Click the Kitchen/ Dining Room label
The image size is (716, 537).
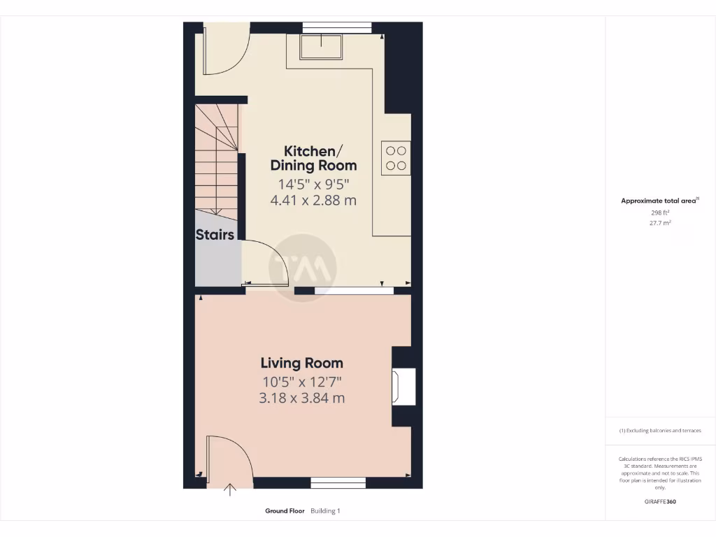click(313, 159)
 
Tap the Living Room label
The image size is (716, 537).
click(302, 363)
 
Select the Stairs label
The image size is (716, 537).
click(215, 235)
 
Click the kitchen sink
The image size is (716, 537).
click(321, 46)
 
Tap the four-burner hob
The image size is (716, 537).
click(396, 157)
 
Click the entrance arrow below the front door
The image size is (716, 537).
click(229, 489)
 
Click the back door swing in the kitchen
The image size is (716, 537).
click(224, 50)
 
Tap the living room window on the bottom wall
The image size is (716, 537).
click(338, 482)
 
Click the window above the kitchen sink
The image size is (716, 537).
click(336, 27)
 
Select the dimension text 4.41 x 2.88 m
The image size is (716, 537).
click(313, 201)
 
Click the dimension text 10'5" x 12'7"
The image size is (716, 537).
click(302, 382)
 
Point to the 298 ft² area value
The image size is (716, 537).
click(659, 212)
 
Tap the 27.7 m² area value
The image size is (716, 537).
click(659, 223)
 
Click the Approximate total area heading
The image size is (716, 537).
click(659, 201)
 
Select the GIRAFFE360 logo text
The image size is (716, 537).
click(660, 501)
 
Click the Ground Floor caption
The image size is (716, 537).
click(285, 511)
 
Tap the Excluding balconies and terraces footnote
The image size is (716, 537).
click(660, 431)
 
